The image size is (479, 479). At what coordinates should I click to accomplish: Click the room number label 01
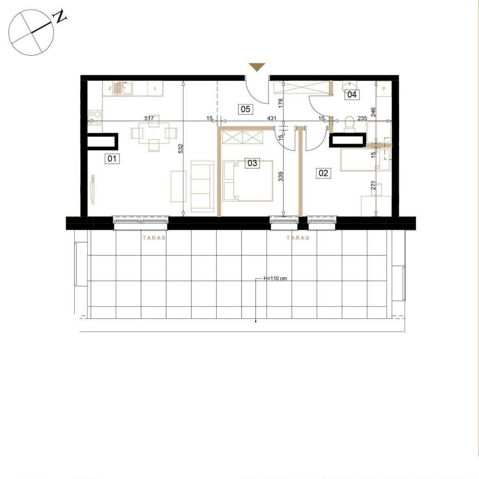112,159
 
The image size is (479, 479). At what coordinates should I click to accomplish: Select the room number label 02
323,173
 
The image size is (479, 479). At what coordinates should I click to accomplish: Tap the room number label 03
252,163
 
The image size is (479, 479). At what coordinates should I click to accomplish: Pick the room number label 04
352,94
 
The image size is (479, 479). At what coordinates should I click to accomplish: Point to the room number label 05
246,109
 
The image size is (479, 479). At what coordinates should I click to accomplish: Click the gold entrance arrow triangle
257,67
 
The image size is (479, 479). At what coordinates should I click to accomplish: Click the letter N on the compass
60,17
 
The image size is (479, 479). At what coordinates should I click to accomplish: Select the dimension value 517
149,118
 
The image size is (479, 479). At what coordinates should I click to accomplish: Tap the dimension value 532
181,148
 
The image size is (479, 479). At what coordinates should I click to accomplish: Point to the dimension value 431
272,118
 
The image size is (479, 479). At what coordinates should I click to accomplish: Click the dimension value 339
281,176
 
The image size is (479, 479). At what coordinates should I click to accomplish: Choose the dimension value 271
373,185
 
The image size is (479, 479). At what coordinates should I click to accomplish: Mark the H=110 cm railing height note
275,279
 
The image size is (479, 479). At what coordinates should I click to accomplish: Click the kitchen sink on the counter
123,88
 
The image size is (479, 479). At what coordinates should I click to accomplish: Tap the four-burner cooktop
94,117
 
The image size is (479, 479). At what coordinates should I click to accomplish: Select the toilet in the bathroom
349,124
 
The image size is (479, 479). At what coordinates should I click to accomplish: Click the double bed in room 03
248,181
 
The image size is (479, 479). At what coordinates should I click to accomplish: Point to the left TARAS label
154,238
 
